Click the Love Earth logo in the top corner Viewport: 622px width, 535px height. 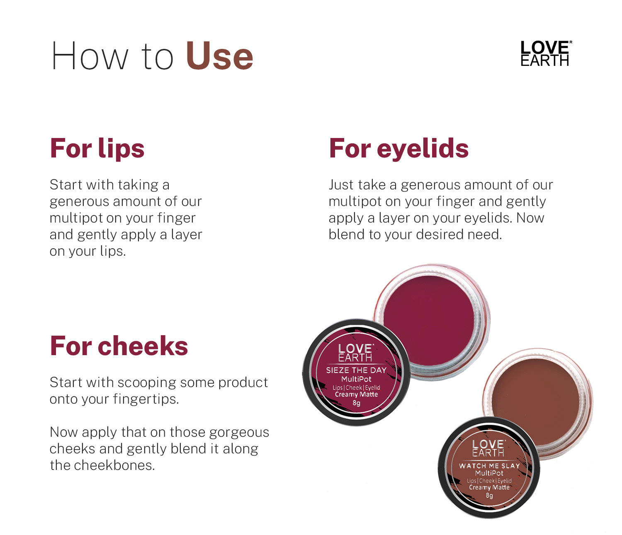coord(546,53)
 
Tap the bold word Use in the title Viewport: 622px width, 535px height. coord(220,56)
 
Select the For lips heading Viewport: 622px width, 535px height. coord(97,148)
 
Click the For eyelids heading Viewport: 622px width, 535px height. coord(399,148)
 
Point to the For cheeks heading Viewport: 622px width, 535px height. coord(119,346)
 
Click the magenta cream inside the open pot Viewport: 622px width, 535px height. coord(429,320)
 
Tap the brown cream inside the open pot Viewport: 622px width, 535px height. coord(536,402)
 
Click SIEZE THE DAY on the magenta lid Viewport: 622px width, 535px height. coord(356,370)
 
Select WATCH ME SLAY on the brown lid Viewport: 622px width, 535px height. coord(490,466)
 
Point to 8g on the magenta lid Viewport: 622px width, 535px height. coord(356,403)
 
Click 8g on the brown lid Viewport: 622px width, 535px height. coord(489,495)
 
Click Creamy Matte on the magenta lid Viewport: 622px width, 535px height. coord(356,395)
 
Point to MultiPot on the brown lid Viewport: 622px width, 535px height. coord(489,473)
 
